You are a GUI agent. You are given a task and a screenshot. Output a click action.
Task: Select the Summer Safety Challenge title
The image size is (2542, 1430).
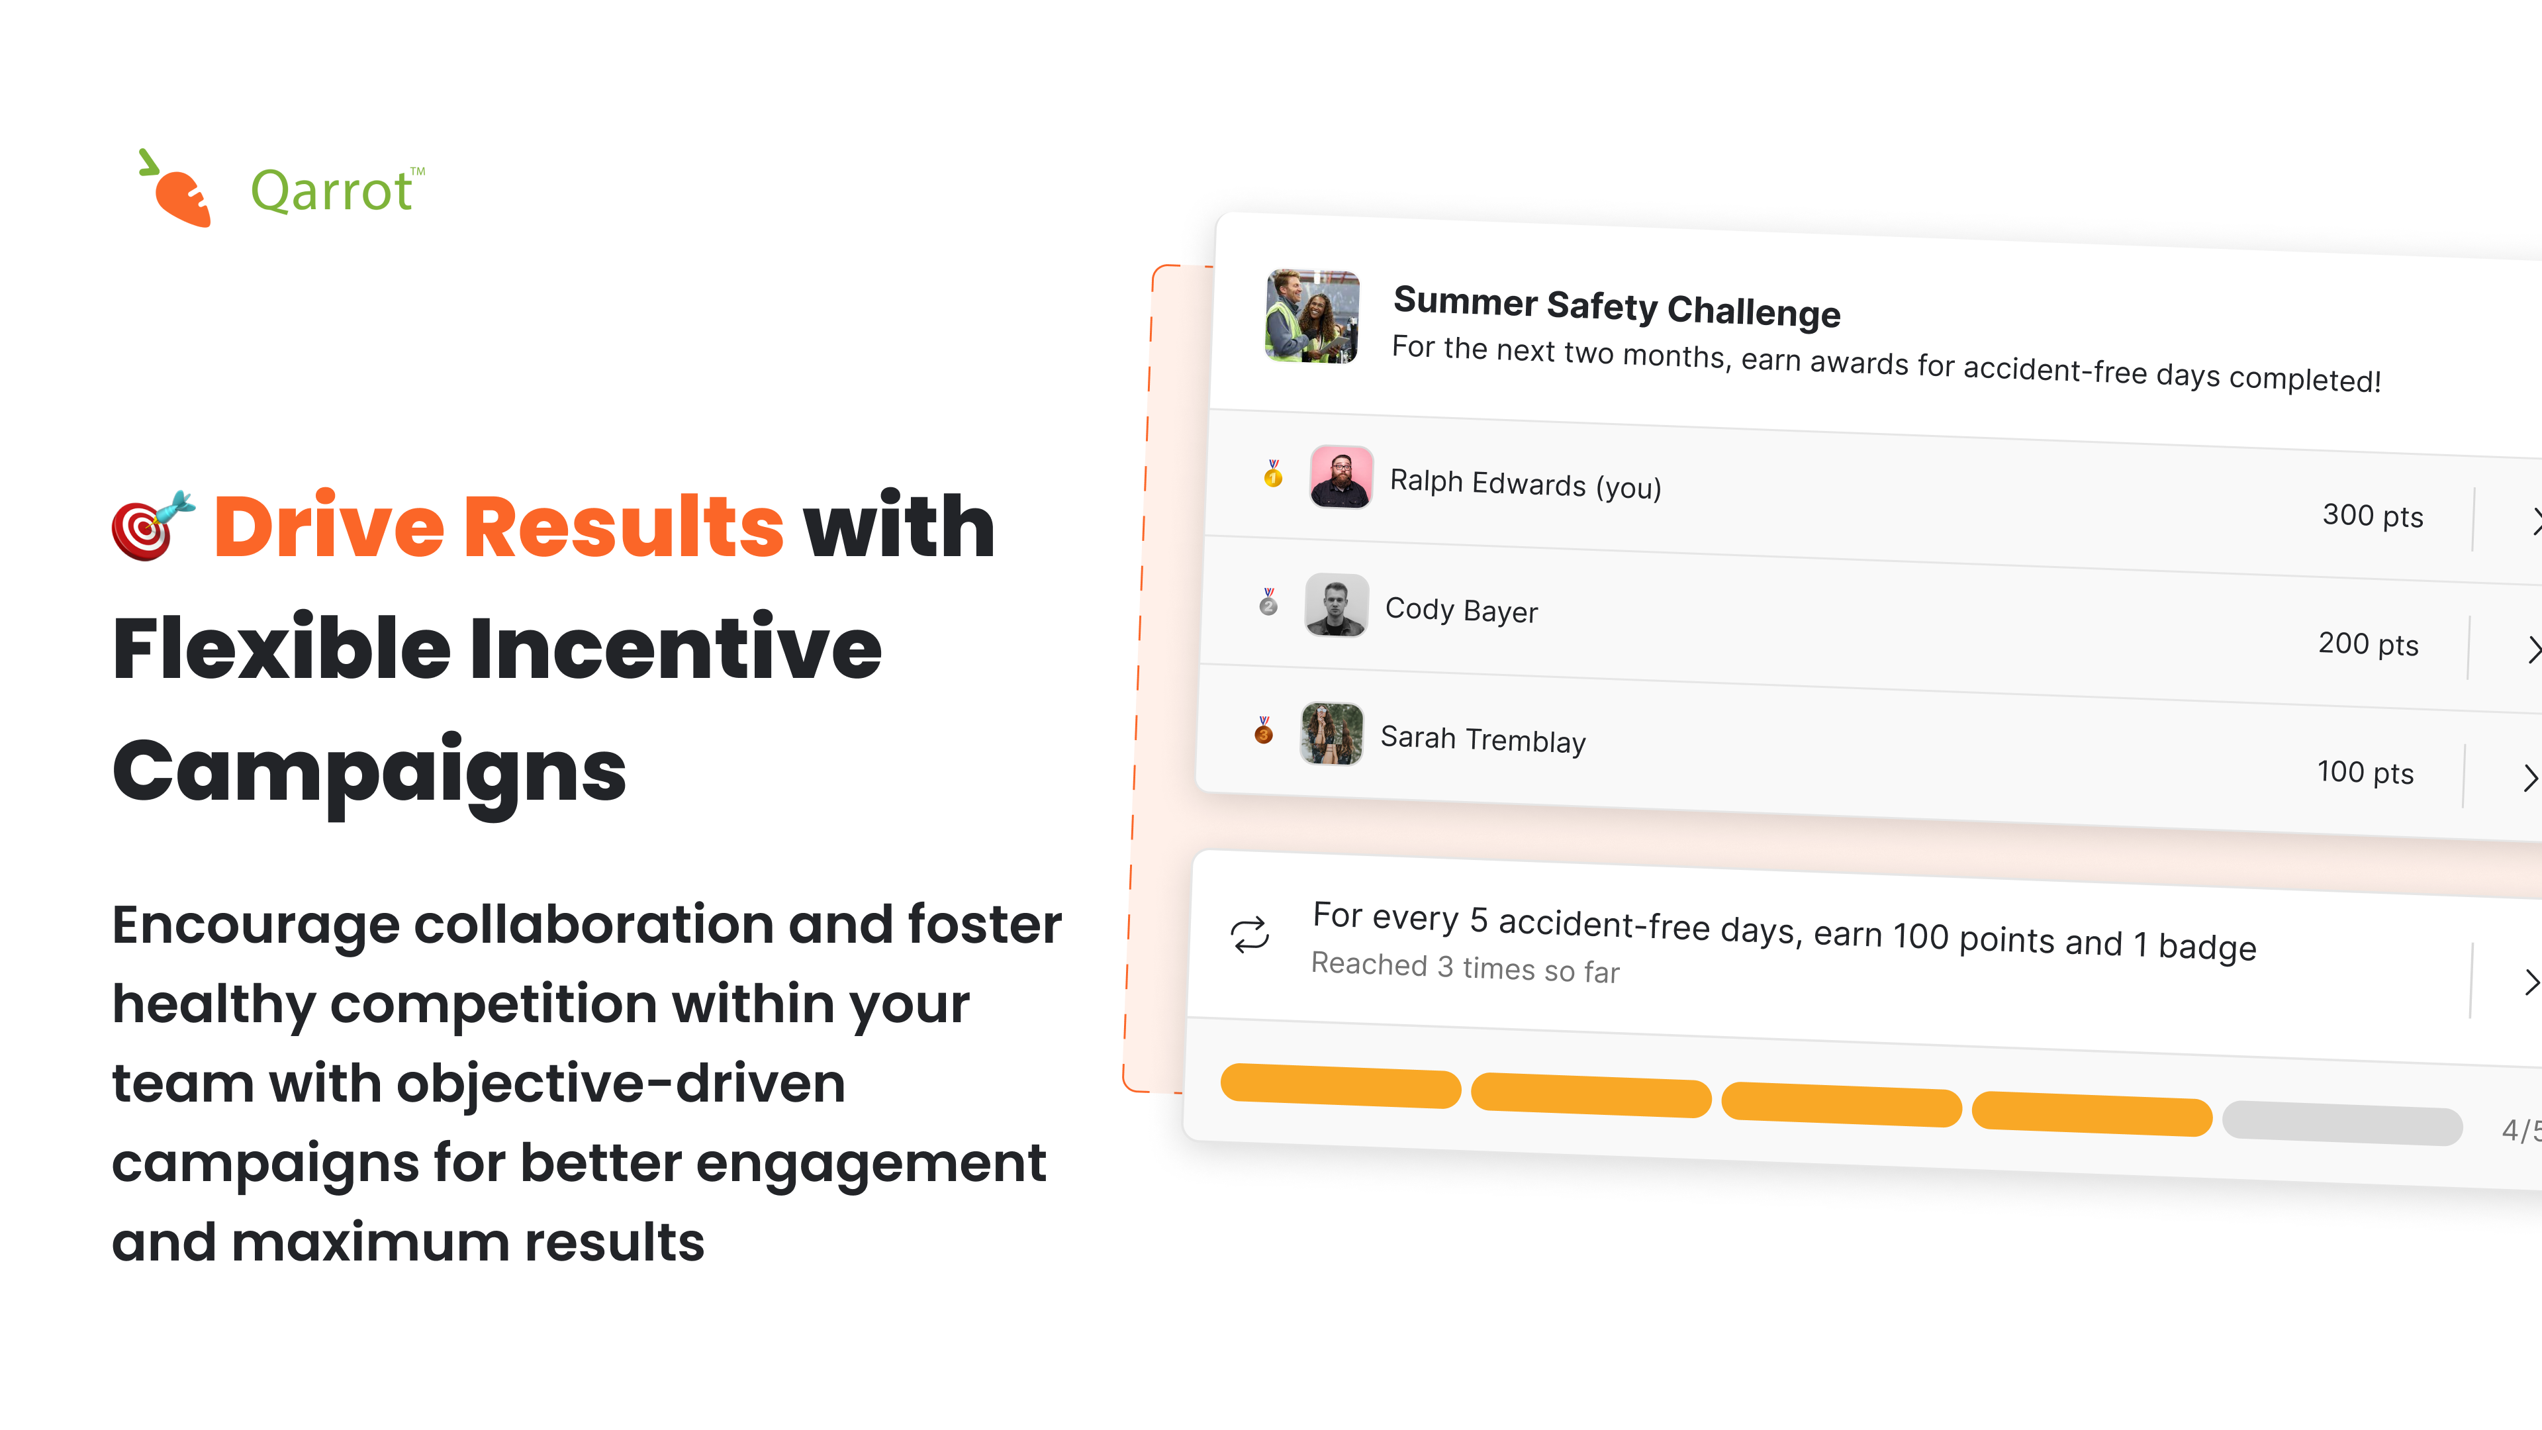1617,306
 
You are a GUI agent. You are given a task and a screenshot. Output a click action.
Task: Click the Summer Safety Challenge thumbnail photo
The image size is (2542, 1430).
1313,316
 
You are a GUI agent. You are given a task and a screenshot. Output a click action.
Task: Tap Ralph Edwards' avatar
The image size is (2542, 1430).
1340,477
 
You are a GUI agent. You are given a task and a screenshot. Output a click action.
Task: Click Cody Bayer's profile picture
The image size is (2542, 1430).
1336,605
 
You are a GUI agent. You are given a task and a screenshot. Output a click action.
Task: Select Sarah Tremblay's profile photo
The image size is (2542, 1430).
1332,734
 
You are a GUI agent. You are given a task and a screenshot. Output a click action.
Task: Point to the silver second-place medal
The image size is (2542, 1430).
1269,601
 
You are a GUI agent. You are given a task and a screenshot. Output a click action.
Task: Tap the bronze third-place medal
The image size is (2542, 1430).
1264,730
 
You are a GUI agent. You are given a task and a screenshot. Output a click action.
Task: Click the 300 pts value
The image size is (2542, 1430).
2373,515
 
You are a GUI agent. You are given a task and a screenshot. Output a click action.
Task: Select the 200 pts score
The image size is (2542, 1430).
2369,643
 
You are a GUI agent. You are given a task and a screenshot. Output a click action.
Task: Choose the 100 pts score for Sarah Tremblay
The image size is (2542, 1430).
2365,772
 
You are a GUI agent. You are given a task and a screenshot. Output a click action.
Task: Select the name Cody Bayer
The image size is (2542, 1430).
1462,610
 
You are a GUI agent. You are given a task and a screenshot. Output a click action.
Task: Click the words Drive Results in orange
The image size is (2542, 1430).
498,526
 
